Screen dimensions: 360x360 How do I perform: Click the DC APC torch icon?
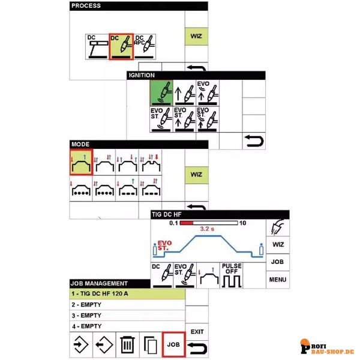click(x=145, y=47)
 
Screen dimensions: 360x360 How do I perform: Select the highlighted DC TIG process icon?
click(x=121, y=47)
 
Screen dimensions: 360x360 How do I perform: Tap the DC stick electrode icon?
click(x=97, y=47)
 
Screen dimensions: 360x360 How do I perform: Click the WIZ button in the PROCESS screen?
click(x=196, y=36)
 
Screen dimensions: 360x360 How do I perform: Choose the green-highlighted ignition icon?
click(x=161, y=93)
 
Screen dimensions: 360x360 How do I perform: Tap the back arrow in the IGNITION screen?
click(x=254, y=141)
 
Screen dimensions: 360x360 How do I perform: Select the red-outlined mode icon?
click(x=81, y=163)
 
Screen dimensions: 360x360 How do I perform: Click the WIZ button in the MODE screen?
click(x=196, y=175)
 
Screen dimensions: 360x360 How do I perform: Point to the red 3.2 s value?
click(x=207, y=229)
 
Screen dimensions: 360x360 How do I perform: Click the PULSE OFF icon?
click(x=232, y=275)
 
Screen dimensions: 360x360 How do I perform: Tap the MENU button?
click(x=278, y=280)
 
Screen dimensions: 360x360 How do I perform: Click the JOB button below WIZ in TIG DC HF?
click(x=278, y=262)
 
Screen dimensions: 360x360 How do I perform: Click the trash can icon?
click(x=127, y=344)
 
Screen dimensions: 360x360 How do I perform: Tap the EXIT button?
click(x=197, y=332)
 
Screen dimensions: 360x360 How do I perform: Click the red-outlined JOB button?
click(x=173, y=344)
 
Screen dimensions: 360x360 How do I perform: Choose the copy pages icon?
click(x=151, y=345)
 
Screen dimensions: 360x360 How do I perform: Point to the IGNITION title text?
click(x=142, y=76)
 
